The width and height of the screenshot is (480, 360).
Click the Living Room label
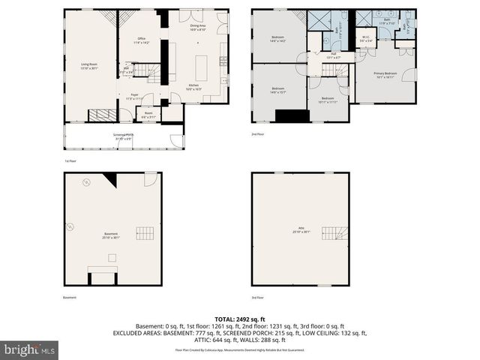(x=89, y=65)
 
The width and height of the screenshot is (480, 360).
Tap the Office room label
(x=141, y=42)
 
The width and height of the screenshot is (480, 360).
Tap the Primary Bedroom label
(x=385, y=74)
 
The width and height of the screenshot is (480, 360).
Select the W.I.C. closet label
(x=365, y=38)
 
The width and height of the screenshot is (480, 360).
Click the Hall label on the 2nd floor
(x=332, y=55)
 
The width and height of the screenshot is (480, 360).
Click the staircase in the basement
(x=146, y=233)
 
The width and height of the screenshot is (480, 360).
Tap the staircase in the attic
(x=333, y=233)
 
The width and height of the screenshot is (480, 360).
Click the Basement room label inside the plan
(x=111, y=235)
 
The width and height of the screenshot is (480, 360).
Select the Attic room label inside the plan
(x=299, y=231)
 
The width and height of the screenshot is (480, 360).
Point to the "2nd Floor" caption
(x=259, y=134)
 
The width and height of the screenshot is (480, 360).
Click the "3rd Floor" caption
(x=259, y=298)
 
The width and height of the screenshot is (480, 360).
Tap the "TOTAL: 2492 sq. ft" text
(x=239, y=318)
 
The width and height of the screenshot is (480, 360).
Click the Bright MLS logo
(x=29, y=349)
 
